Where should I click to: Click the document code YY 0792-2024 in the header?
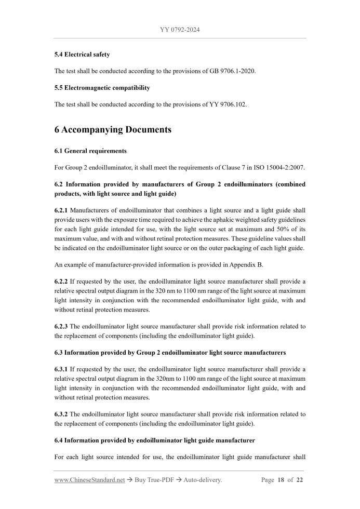pos(180,30)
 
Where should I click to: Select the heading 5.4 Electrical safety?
pos(82,54)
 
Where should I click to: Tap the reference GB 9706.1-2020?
pos(231,71)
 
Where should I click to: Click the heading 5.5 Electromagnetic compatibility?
pos(102,87)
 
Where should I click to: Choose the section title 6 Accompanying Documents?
pos(113,129)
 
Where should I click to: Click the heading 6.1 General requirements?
pos(90,151)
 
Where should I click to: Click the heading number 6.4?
pos(59,440)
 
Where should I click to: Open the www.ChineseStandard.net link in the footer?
pos(89,480)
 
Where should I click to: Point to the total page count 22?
pos(299,480)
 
